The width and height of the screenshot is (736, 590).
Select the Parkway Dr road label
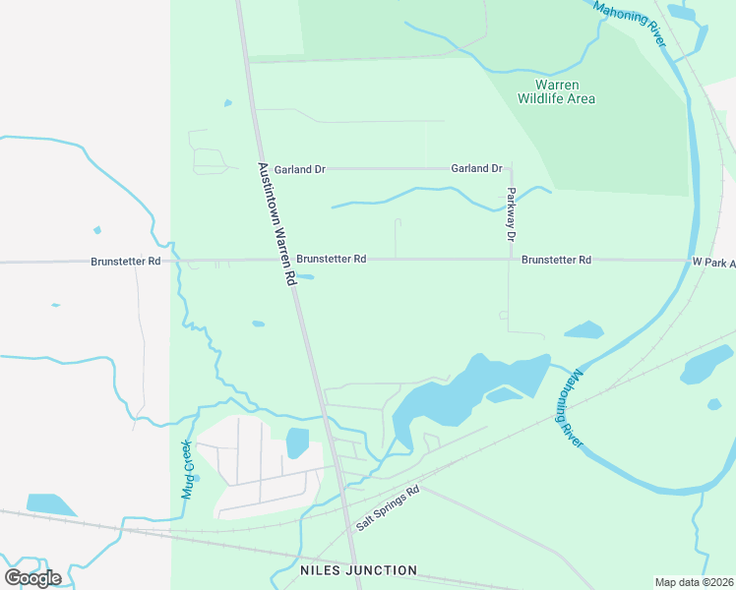coord(511,214)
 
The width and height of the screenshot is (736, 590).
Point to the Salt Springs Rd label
coord(388,507)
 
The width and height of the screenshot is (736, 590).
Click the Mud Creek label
coord(186,469)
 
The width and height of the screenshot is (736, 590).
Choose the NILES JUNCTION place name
coord(358,570)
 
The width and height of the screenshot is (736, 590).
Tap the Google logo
coord(32,577)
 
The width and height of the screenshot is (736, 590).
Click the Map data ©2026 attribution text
coord(694,582)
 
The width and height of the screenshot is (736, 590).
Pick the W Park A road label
coord(712,263)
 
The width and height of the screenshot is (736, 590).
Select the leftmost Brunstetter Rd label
coord(125,262)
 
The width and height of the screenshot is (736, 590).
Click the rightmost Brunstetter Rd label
coord(556,261)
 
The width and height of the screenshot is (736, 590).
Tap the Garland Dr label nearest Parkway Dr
coord(476,168)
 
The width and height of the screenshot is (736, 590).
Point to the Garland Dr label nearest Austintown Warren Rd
coord(299,169)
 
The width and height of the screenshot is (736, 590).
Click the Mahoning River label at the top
coord(631,21)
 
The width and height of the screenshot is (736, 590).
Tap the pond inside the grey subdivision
coord(297,442)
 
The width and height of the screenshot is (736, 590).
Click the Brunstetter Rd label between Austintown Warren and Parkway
coord(332,260)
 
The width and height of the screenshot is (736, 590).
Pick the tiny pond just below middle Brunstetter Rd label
coord(305,276)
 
